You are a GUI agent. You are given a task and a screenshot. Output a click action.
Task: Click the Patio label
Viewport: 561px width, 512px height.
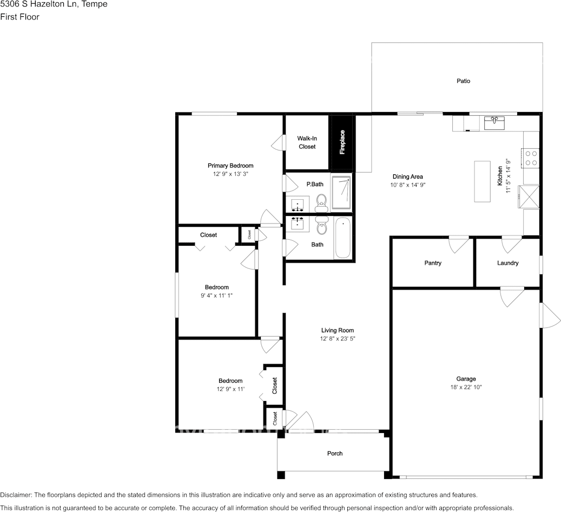point(463,81)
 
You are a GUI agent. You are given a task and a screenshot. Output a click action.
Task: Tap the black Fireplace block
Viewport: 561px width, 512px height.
point(342,142)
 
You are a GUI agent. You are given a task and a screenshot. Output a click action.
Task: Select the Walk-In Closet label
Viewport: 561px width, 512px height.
point(307,142)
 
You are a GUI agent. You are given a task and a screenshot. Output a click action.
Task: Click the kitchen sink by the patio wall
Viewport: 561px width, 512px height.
point(494,122)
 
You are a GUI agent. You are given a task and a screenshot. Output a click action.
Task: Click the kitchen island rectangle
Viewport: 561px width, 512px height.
point(483,181)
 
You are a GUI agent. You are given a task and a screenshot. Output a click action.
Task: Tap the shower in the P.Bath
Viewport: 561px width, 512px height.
point(341,192)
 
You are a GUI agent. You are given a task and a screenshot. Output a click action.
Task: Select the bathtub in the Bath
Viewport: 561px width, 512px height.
point(343,238)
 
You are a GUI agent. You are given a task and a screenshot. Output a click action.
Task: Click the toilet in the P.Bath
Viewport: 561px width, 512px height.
point(322,203)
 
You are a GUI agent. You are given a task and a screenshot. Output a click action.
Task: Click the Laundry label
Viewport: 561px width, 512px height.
point(507,263)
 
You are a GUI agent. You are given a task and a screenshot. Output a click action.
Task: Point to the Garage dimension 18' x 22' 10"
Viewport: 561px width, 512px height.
point(466,387)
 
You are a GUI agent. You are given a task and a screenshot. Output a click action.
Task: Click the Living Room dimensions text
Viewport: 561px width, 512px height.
point(338,338)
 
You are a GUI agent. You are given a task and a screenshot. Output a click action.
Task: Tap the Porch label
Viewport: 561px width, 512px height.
point(335,454)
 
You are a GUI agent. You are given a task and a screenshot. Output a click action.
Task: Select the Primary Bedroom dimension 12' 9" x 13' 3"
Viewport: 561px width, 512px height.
point(231,174)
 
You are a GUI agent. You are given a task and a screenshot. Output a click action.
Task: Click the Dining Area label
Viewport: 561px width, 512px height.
point(408,176)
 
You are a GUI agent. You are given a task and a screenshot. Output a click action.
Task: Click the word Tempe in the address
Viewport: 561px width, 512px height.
point(95,4)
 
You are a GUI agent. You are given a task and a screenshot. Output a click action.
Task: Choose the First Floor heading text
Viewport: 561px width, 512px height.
point(19,17)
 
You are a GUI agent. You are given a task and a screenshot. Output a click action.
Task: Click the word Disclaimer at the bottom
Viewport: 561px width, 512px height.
point(16,495)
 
